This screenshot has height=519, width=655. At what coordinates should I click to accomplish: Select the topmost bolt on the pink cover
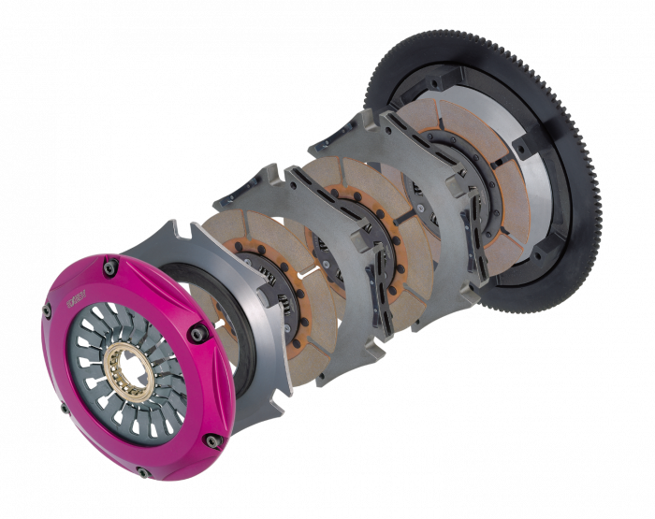pyautogui.click(x=110, y=267)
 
